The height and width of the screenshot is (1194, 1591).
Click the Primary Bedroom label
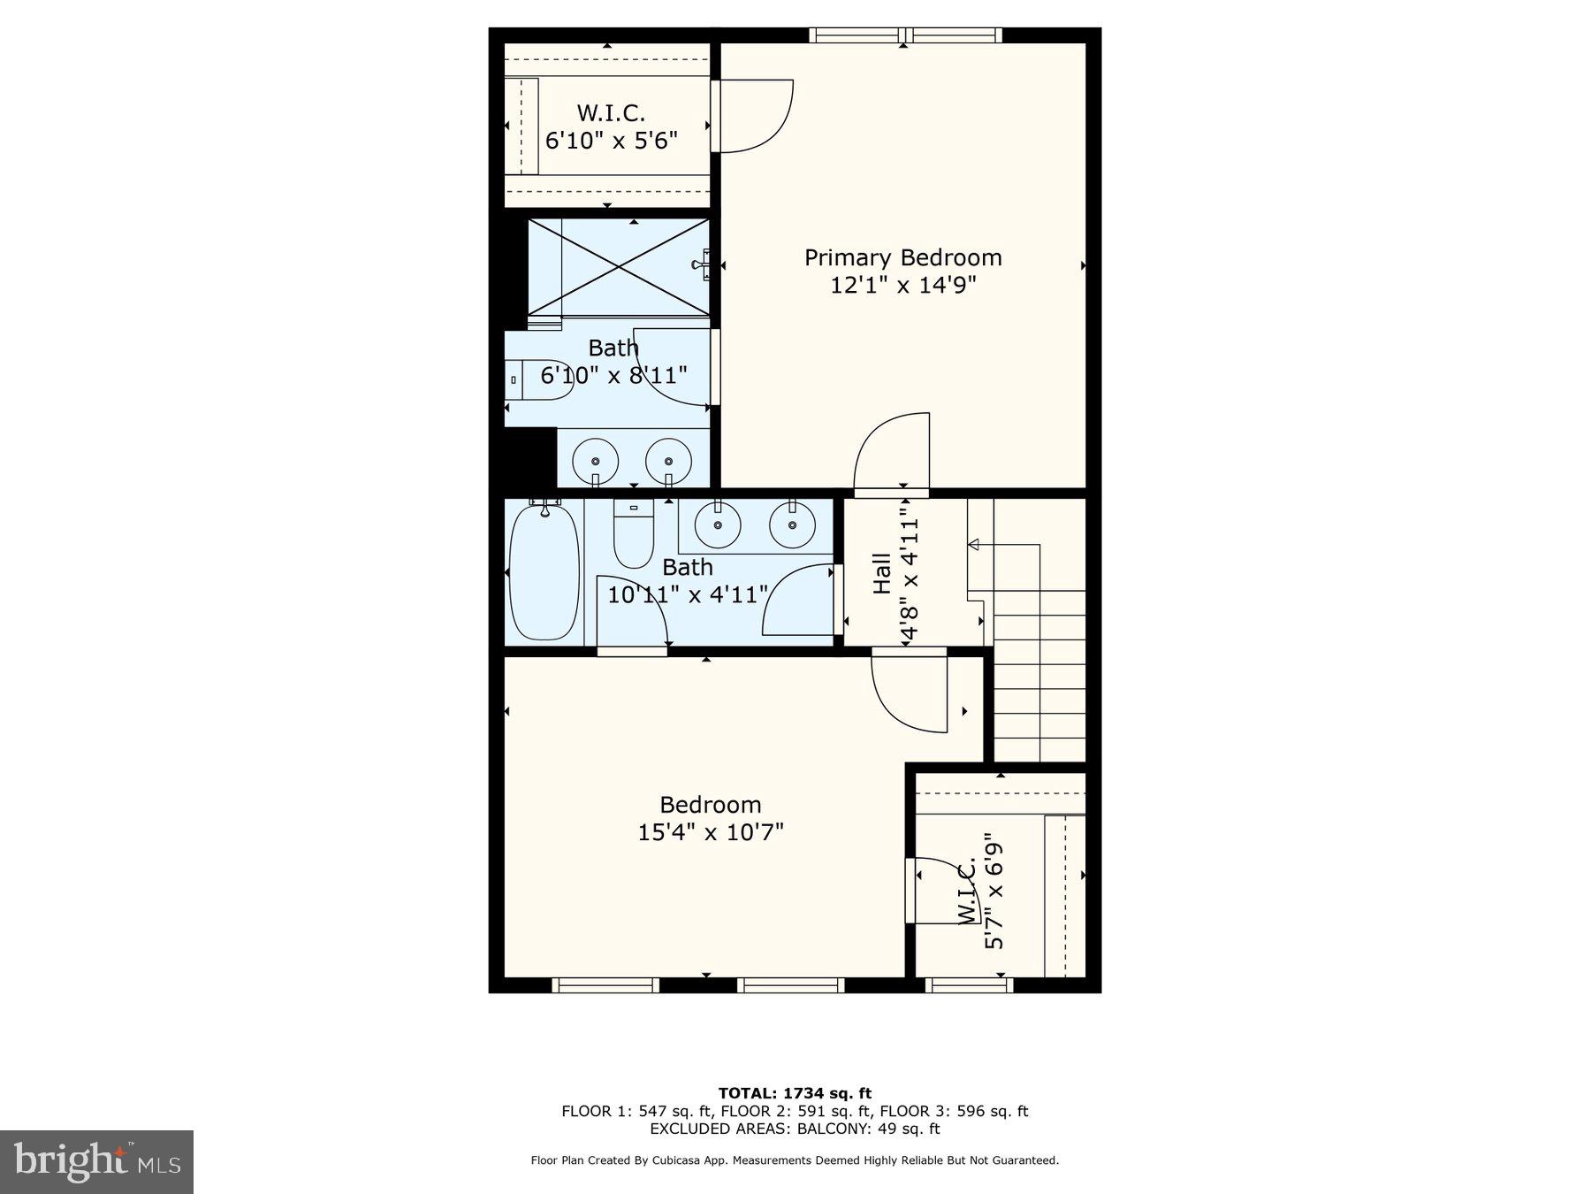click(902, 257)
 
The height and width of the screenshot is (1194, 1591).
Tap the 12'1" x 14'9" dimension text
click(902, 286)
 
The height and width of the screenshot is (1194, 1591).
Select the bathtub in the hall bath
click(544, 571)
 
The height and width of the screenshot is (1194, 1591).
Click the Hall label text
click(882, 573)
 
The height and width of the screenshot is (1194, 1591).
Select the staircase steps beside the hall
click(1039, 672)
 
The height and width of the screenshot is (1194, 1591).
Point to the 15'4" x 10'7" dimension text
click(711, 832)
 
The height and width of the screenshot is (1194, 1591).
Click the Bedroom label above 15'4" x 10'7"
click(711, 805)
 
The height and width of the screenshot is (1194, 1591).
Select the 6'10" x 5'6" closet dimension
click(612, 141)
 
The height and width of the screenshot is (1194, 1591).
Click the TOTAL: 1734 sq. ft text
click(795, 1093)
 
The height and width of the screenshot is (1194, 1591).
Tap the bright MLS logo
click(96, 1161)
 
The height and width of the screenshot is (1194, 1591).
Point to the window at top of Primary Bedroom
click(905, 35)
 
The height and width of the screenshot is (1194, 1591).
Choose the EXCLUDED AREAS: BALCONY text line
click(795, 1129)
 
